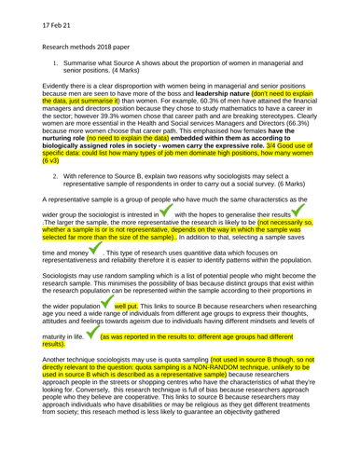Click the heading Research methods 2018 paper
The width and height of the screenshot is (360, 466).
point(74,44)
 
